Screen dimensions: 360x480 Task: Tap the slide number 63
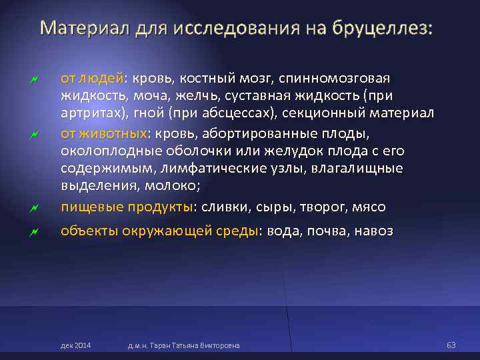451,345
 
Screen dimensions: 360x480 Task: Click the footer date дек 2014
75,345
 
